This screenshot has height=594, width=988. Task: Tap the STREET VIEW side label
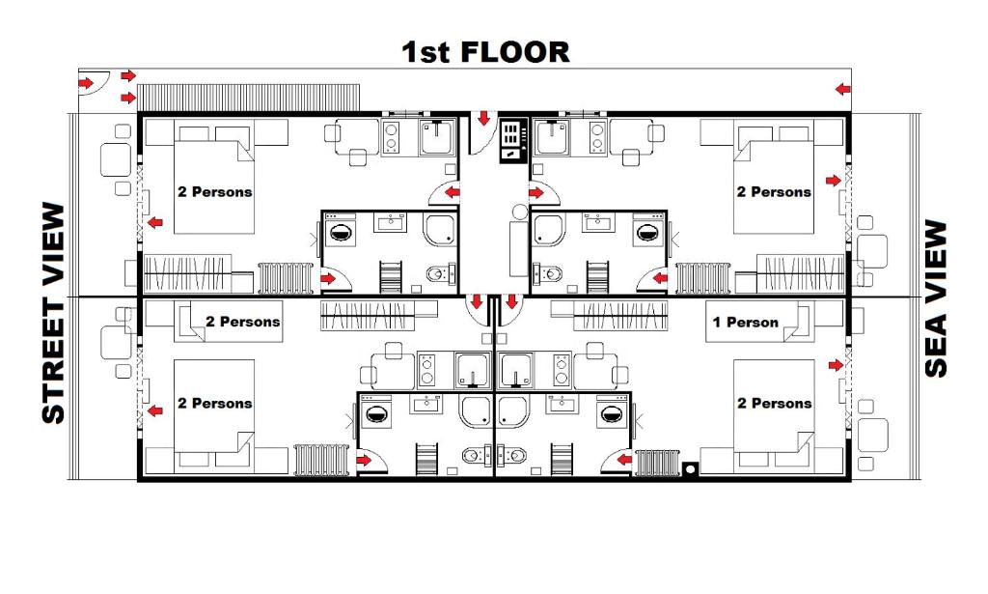[x=54, y=313]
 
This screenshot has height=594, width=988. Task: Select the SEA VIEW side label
[x=935, y=298]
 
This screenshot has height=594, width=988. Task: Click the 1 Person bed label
[x=745, y=323]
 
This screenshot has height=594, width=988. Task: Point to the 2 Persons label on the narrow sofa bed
[x=242, y=322]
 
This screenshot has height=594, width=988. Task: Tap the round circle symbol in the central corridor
[x=520, y=211]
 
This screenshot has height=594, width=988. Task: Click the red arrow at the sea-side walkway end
[x=843, y=90]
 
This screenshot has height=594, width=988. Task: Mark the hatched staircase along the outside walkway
[x=248, y=97]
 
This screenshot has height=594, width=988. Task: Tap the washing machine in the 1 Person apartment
[x=610, y=415]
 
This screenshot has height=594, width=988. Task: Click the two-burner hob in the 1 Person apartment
[x=561, y=370]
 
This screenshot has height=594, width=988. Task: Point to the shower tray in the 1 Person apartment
[x=513, y=410]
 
